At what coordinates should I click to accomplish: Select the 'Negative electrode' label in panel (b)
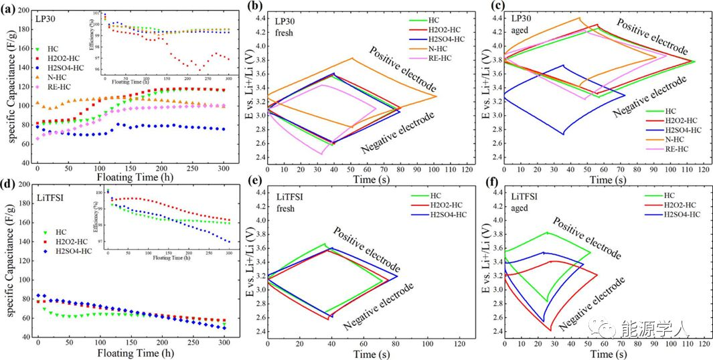[397, 130]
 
